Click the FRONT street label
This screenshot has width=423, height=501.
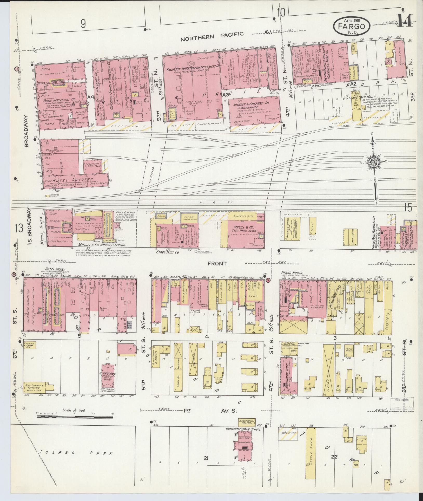click(x=217, y=263)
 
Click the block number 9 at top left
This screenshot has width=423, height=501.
click(x=83, y=24)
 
